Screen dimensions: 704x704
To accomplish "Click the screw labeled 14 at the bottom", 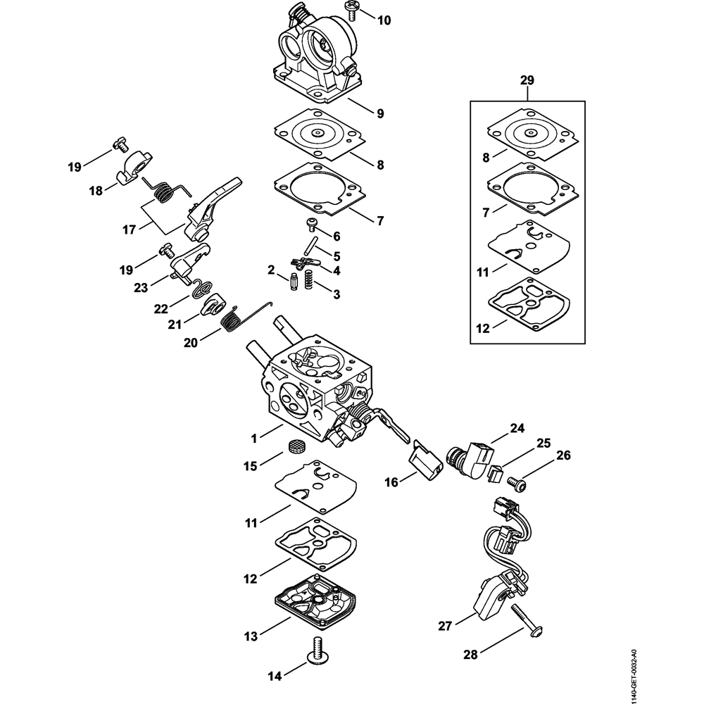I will pos(317,651).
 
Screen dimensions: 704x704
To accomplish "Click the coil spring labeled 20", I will pos(230,322).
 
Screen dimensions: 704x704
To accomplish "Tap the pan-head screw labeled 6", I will pos(310,224).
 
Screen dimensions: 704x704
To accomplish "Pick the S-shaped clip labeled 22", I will pos(199,287).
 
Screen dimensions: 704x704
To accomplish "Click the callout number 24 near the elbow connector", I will pos(518,427).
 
